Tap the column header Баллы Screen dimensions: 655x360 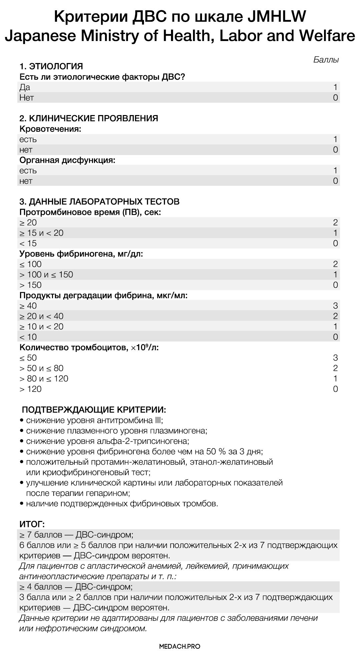tap(326, 60)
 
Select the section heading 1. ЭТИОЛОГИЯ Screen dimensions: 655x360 tap(51, 66)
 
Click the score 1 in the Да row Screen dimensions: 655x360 tap(335, 87)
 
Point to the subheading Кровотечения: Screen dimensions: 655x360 tap(50, 129)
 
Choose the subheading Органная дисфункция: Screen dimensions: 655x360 tap(67, 160)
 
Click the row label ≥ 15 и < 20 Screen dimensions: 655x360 tap(41, 233)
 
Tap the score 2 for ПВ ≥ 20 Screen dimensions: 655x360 tap(335, 222)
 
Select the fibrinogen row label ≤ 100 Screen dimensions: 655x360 tap(30, 264)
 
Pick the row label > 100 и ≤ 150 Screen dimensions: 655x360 tap(46, 274)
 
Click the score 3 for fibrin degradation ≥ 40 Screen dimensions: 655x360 tap(335, 305)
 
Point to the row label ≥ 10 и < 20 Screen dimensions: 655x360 tap(41, 326)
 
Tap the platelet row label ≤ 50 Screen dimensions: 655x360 tap(28, 358)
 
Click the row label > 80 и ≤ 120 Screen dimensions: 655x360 tap(44, 379)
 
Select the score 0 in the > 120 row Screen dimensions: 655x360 tap(335, 389)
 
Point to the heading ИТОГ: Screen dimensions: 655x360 tap(32, 524)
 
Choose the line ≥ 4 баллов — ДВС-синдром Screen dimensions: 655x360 tap(76, 586)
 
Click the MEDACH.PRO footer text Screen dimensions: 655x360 tap(180, 646)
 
